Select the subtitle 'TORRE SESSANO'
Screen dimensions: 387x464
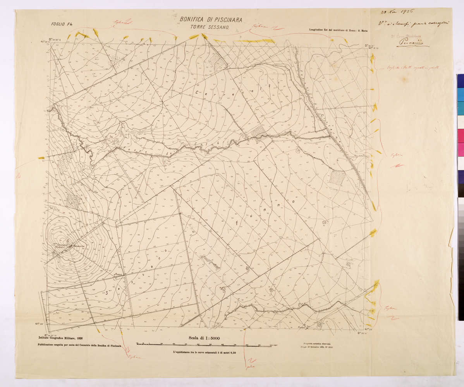[x=211, y=28]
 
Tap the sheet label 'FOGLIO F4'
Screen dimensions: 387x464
[x=62, y=24]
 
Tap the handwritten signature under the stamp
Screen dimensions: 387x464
[x=412, y=43]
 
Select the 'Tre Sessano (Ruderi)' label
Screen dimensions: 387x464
[x=60, y=246]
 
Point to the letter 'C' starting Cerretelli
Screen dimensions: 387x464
[x=197, y=93]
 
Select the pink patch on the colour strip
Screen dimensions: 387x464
[x=460, y=136]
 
